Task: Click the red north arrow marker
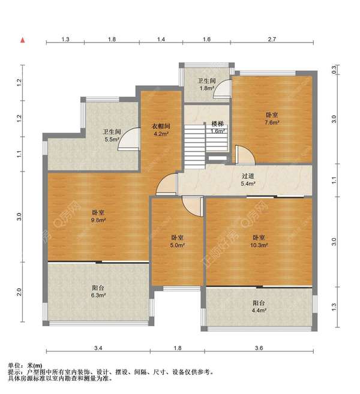click(x=23, y=40)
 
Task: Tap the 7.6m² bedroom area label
click(x=272, y=119)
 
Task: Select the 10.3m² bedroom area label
click(x=259, y=241)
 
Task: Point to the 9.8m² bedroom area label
click(x=98, y=216)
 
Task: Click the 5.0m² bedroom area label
click(x=178, y=241)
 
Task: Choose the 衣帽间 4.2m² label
click(x=161, y=130)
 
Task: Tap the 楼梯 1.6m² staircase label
click(x=218, y=127)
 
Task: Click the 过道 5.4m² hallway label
click(x=248, y=180)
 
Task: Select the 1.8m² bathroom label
click(x=206, y=85)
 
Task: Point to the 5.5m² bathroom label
click(x=112, y=136)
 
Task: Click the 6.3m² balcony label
click(x=98, y=291)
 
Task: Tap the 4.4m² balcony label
click(x=259, y=306)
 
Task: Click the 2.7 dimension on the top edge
click(x=272, y=39)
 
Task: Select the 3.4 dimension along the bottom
click(x=98, y=348)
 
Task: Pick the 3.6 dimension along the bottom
click(x=259, y=348)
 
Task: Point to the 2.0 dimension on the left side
click(x=19, y=292)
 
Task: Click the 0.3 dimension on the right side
click(x=334, y=70)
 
